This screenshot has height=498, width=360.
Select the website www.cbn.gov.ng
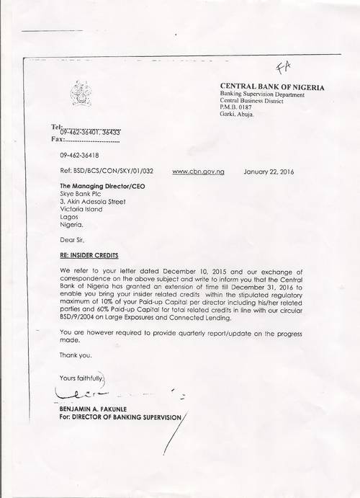click(x=199, y=173)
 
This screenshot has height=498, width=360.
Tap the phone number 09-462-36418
click(x=79, y=155)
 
